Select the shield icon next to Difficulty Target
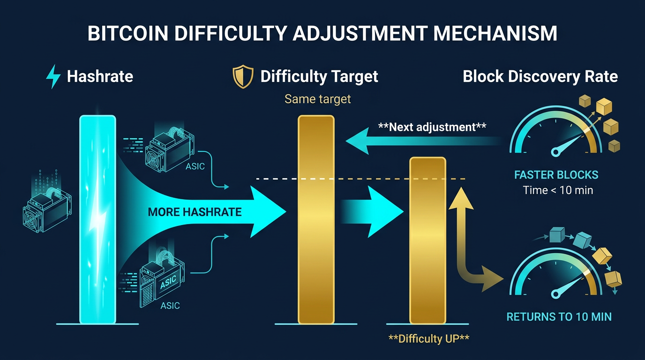pyautogui.click(x=243, y=77)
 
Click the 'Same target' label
pyautogui.click(x=318, y=99)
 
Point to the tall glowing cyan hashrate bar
pyautogui.click(x=97, y=219)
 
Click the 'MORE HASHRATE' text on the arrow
pyautogui.click(x=195, y=212)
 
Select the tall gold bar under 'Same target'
pyautogui.click(x=316, y=219)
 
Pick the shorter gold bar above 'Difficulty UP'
pyautogui.click(x=427, y=240)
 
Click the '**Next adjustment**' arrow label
pyautogui.click(x=432, y=127)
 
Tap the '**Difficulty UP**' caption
pyautogui.click(x=429, y=339)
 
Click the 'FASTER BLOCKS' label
pyautogui.click(x=556, y=175)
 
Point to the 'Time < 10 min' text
pyautogui.click(x=558, y=190)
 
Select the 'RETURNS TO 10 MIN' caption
pyautogui.click(x=559, y=316)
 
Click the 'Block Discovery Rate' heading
pyautogui.click(x=540, y=76)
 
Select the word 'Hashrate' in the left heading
pyautogui.click(x=100, y=76)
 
